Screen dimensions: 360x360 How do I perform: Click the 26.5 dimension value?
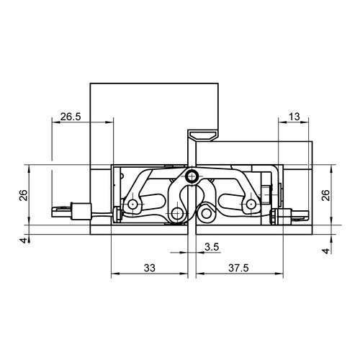(71, 117)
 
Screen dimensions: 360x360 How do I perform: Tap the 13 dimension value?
(294, 117)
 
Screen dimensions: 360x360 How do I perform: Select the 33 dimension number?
(150, 268)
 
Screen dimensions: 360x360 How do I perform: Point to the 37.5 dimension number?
(238, 268)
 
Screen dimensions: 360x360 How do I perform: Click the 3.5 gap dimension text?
(212, 247)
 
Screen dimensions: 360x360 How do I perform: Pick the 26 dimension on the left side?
(24, 195)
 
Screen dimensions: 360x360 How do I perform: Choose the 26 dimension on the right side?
(326, 195)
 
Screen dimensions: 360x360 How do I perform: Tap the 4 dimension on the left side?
(24, 240)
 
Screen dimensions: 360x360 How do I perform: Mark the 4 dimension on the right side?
(326, 251)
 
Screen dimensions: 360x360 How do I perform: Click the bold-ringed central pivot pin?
(192, 176)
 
